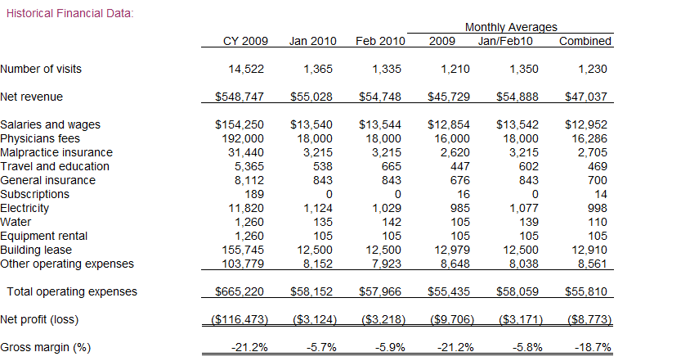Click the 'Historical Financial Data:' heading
coord(70,13)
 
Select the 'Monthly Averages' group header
coord(511,27)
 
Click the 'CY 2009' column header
coord(245,41)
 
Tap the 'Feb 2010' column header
coord(380,41)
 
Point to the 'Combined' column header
coord(585,41)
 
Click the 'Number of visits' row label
coord(41,69)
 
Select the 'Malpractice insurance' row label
coord(56,152)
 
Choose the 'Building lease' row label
coord(36,250)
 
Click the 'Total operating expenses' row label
coord(72,291)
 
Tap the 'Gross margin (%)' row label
coord(46,347)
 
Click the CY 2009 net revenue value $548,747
coord(240,97)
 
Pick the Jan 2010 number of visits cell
coord(318,69)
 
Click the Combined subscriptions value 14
coord(601,194)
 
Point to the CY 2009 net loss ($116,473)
coord(240,319)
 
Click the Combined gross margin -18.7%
coord(593,347)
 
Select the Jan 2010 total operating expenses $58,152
coord(311,291)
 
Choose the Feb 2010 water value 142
coord(392,222)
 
